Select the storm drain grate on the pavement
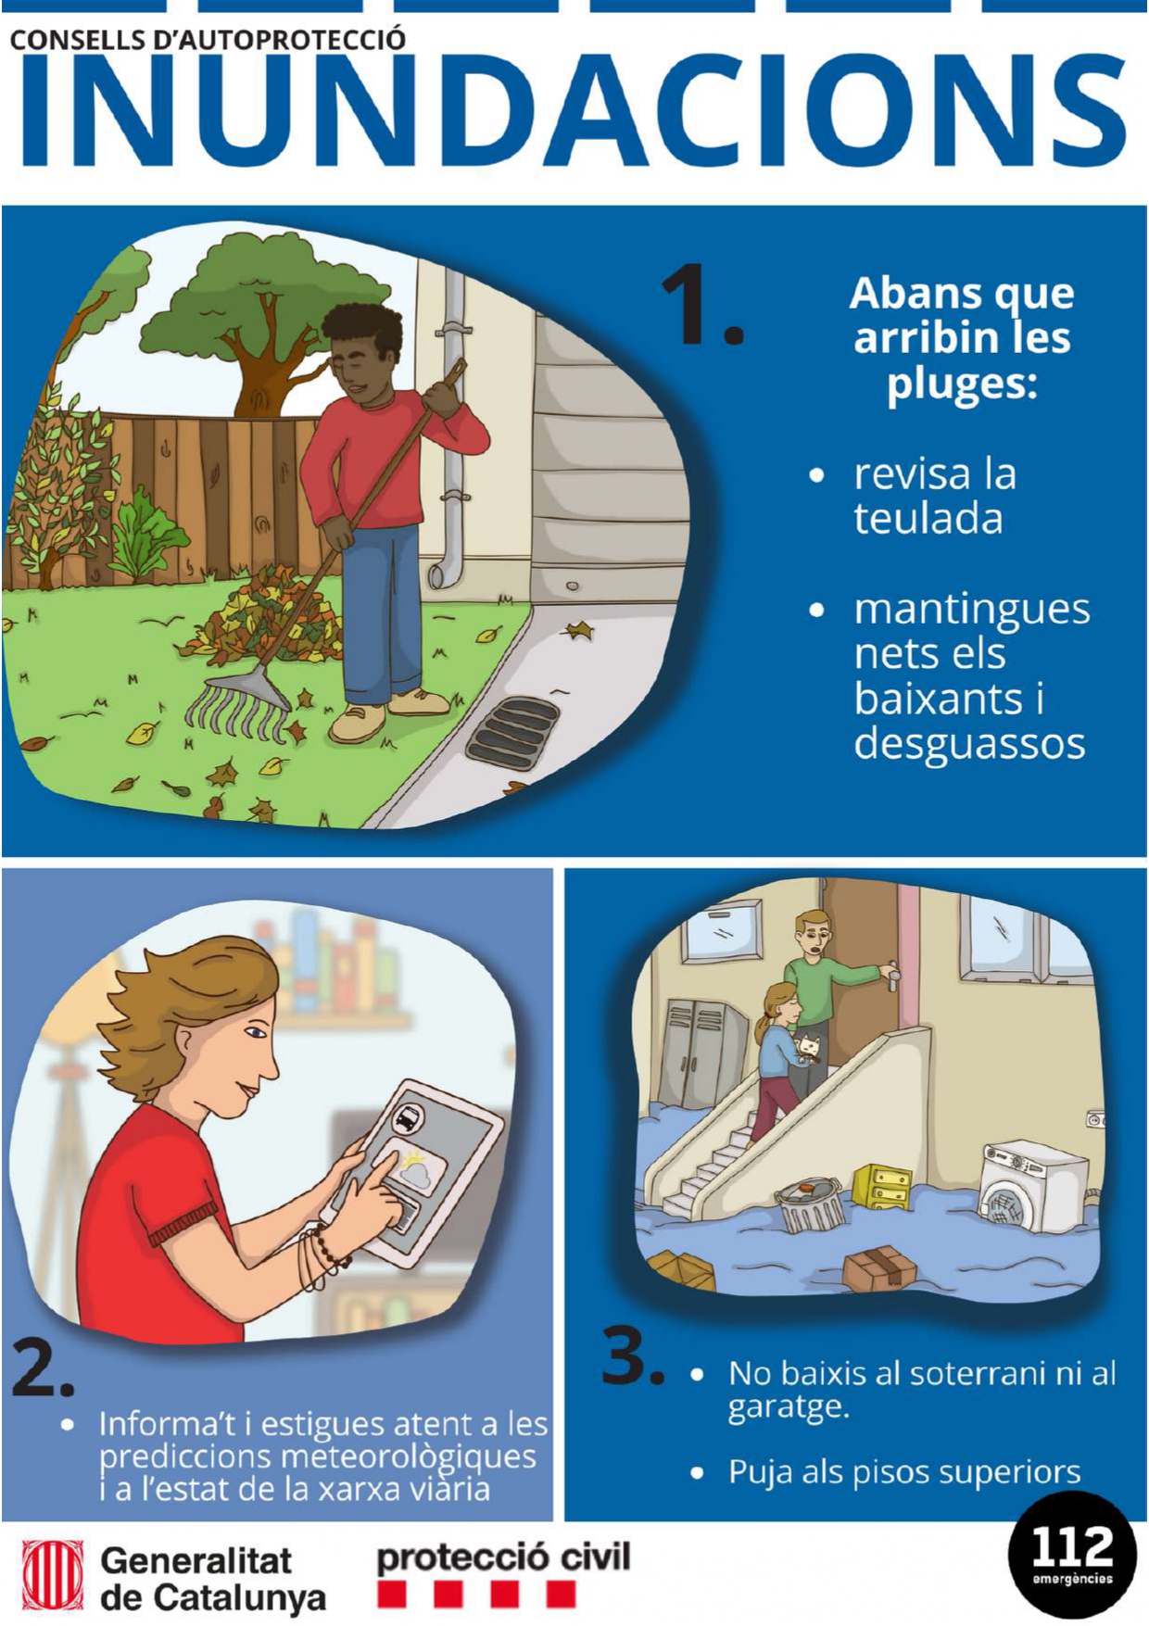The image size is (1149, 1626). point(512,732)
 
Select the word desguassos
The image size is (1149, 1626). point(969,743)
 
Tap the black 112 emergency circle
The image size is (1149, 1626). point(1072,1555)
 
